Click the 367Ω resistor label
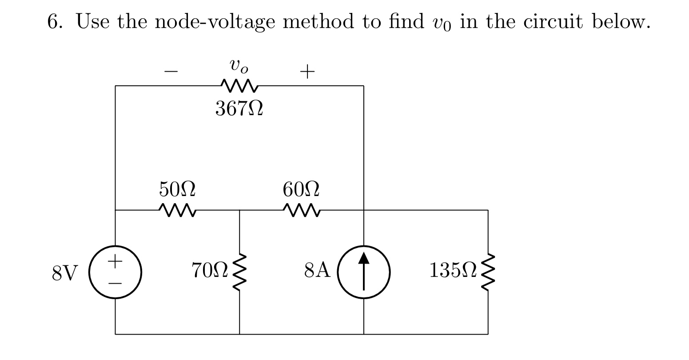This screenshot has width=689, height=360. point(239,108)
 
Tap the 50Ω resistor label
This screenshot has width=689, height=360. point(177,190)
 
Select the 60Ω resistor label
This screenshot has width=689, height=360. point(301,190)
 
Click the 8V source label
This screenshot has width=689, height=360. point(65,272)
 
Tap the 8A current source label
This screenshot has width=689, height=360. point(318,271)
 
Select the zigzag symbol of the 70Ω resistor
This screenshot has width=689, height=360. point(240,272)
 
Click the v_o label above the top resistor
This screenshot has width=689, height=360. point(239,66)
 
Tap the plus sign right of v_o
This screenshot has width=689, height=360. point(307,71)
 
